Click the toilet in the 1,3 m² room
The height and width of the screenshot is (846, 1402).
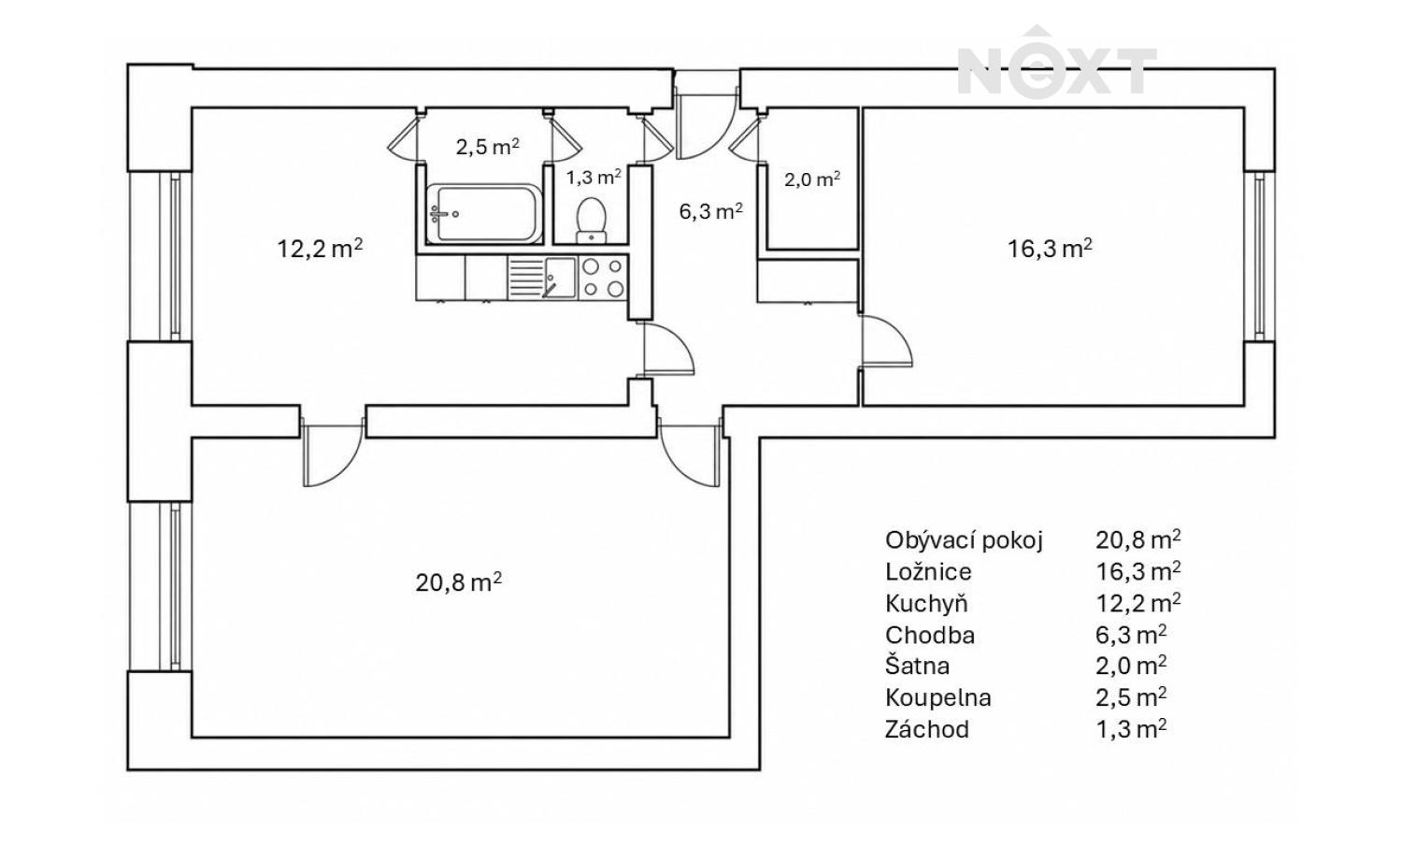pos(591,219)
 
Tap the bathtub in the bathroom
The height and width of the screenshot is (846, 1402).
pos(483,213)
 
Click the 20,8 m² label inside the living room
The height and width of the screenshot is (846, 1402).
pos(459,582)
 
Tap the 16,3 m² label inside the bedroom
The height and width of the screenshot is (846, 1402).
pos(1050,248)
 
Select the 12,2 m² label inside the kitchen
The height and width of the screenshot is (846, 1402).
pos(320,248)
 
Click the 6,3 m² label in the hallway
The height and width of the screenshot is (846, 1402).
pos(711,211)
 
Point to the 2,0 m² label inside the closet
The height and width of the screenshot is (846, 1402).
pos(812,179)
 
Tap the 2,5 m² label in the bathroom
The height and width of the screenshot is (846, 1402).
pos(488,147)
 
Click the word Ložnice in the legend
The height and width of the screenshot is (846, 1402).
pos(928,572)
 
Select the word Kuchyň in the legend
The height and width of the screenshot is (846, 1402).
pos(926,603)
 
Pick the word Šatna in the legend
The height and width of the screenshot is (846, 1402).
pos(917,665)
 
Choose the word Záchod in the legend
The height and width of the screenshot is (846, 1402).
pos(927,729)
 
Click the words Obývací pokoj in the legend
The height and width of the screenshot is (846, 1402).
pos(964,540)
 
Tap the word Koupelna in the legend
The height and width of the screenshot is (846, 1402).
pos(938,697)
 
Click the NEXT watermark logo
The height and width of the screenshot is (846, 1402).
pos(1056,63)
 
